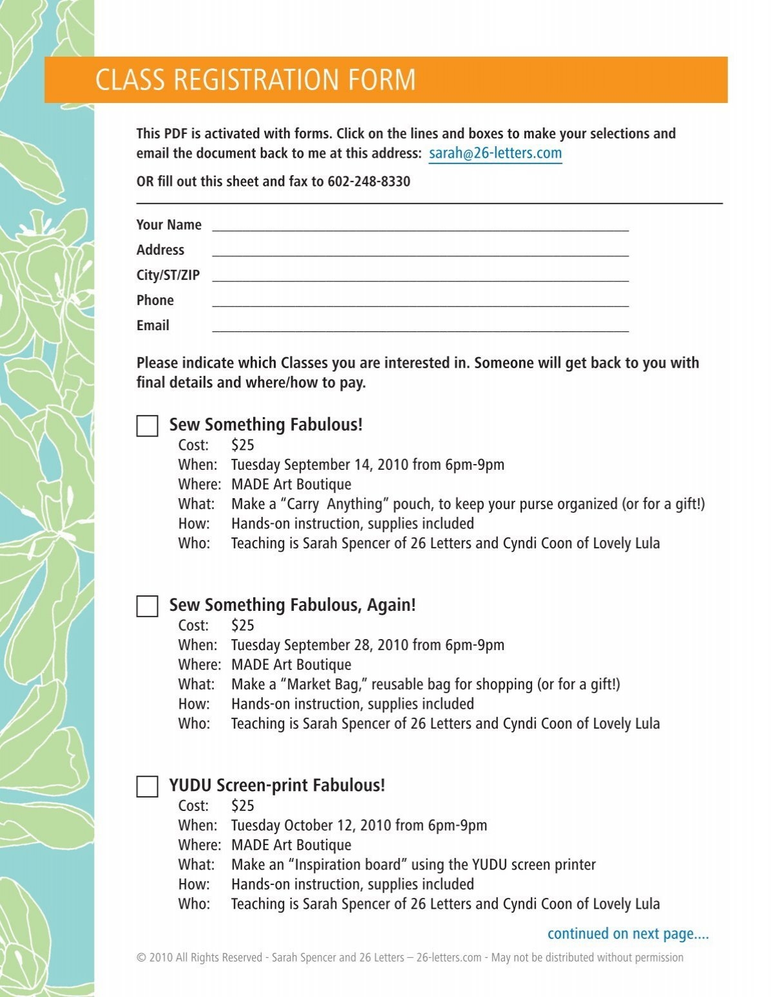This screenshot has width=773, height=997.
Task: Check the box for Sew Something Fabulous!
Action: pos(148,426)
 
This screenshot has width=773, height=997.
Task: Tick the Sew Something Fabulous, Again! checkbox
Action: pos(148,606)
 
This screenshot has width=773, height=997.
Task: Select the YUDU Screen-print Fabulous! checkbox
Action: pos(148,787)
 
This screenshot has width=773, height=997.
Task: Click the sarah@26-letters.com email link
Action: pos(495,153)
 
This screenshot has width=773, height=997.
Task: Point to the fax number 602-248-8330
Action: pos(368,182)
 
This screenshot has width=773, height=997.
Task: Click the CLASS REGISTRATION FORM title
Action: pos(255,80)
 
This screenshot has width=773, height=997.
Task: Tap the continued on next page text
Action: pos(627,933)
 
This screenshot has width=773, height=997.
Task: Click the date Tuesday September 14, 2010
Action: pos(320,465)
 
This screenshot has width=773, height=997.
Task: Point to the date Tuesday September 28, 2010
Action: pos(320,645)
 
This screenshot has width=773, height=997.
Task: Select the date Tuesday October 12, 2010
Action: pos(311,825)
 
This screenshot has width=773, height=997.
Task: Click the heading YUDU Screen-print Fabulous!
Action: pos(277,785)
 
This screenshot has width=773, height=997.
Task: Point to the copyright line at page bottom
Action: pos(410,958)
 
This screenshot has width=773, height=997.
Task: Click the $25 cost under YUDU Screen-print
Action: pos(242,806)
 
